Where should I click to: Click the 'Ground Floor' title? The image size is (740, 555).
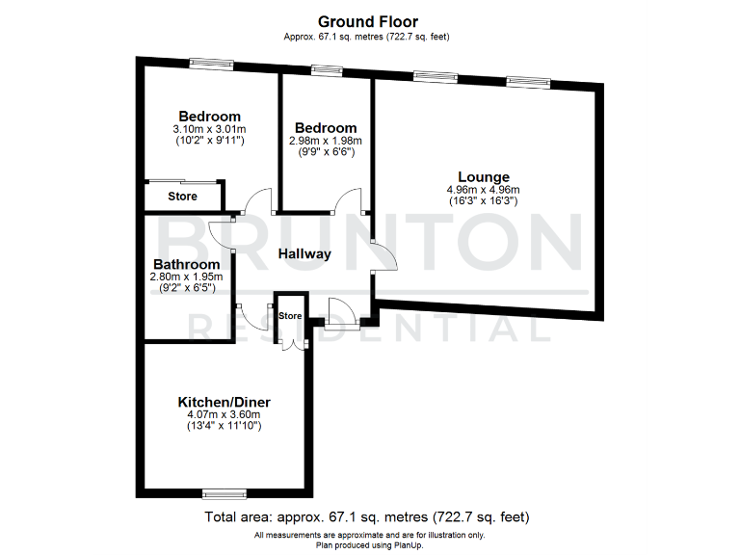(369, 21)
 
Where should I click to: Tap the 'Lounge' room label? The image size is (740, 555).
(483, 176)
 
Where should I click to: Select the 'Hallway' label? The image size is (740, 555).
(304, 254)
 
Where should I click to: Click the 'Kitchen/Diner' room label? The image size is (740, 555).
(224, 402)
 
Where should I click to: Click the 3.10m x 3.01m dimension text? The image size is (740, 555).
(209, 129)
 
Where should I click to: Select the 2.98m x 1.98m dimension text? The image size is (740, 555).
(326, 141)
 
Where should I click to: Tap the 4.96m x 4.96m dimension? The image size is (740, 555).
(483, 190)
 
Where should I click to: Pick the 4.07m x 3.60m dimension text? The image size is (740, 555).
(224, 414)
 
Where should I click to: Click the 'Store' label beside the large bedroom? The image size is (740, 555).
(182, 197)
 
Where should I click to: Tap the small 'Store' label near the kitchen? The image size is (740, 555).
(290, 316)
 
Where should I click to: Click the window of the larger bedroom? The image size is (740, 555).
(211, 65)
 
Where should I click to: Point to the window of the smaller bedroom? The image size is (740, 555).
(327, 69)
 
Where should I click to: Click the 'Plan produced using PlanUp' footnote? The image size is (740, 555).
(369, 544)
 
